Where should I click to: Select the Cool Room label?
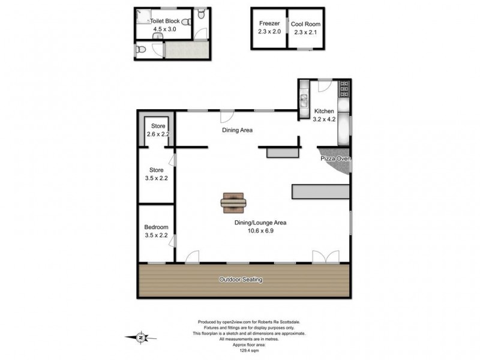coord(305,24)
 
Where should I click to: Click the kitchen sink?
coord(304,96)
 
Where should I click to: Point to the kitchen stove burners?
coord(344,91)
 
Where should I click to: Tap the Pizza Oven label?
coord(335,158)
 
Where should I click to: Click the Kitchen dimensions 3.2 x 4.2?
coord(324,119)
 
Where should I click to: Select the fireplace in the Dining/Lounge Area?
coord(233,203)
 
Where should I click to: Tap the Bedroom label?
coord(156,227)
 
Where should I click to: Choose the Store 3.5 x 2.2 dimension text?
coord(156,178)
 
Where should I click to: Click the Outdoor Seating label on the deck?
coord(240,280)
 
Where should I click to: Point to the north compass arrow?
coord(139,338)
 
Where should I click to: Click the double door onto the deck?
coord(325,257)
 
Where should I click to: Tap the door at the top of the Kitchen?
coord(325,86)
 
